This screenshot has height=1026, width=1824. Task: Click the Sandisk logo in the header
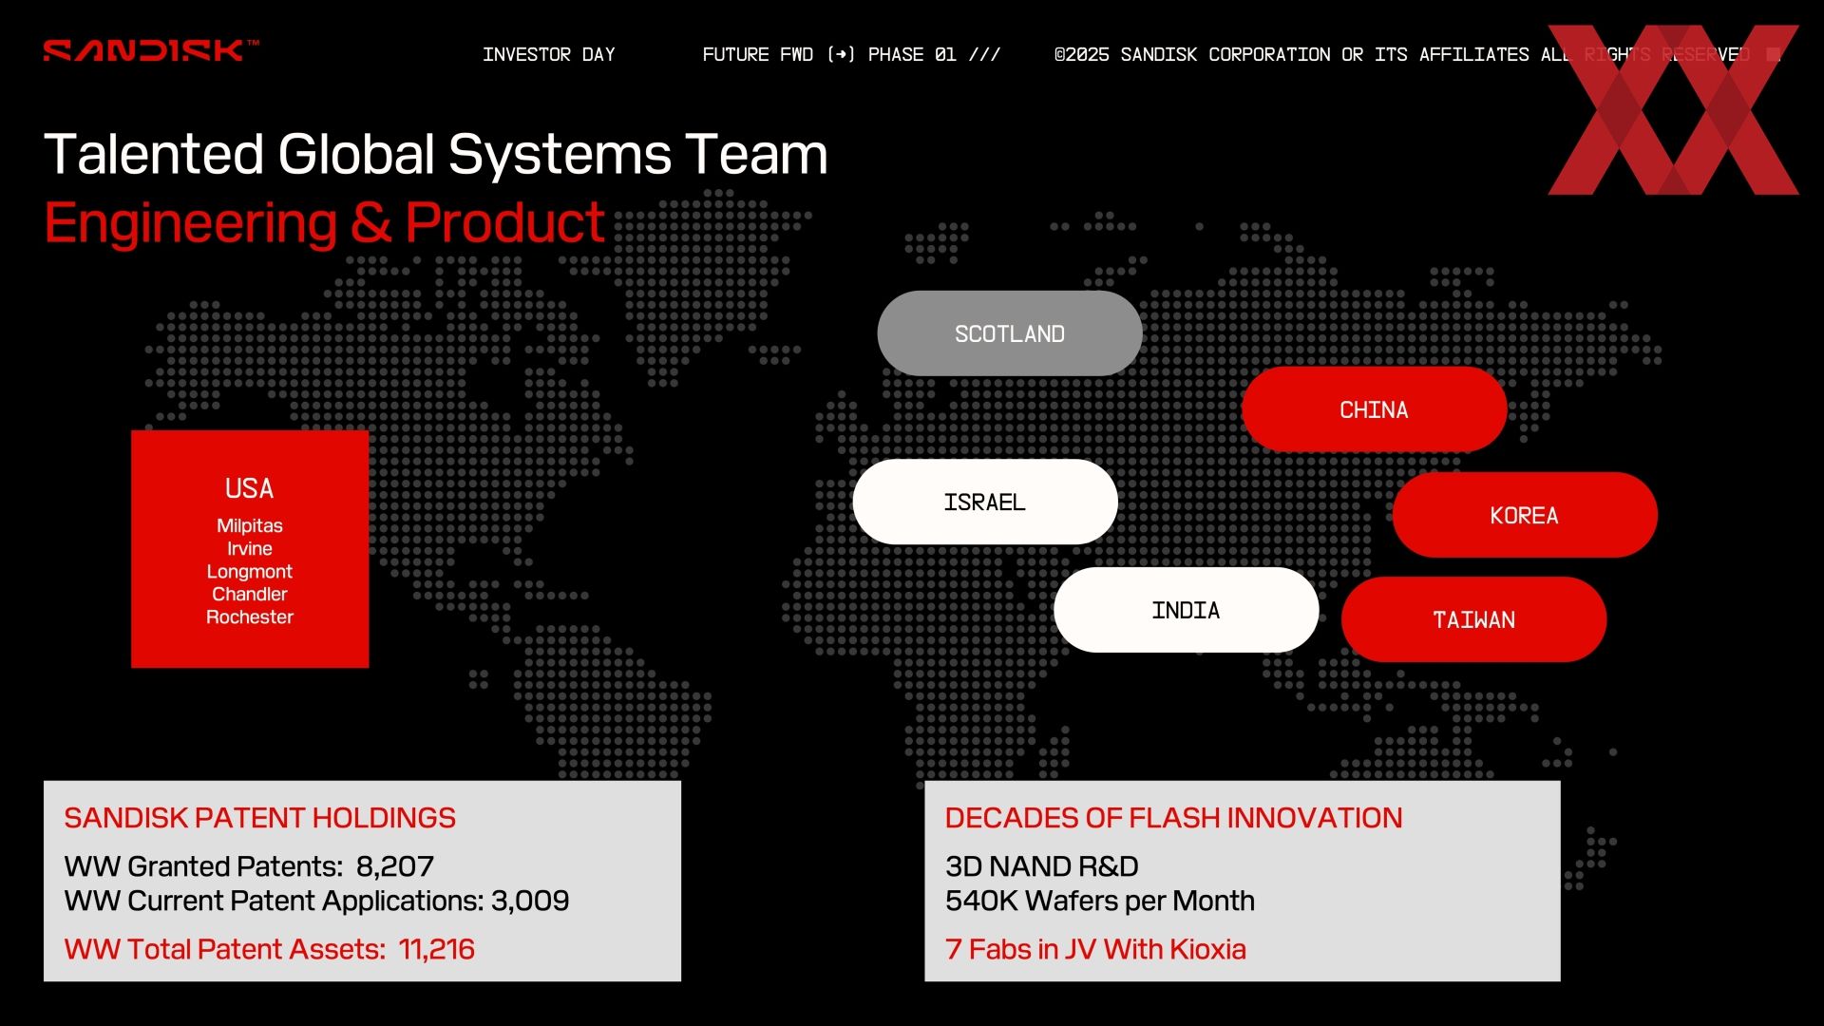pyautogui.click(x=151, y=50)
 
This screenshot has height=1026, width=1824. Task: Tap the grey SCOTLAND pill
pyautogui.click(x=1010, y=333)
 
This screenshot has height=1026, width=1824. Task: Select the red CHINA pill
pyautogui.click(x=1374, y=409)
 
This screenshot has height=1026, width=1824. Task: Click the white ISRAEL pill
pyautogui.click(x=985, y=502)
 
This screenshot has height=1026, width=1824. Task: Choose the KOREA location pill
pyautogui.click(x=1525, y=515)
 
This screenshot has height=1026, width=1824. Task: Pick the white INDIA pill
pyautogui.click(x=1187, y=610)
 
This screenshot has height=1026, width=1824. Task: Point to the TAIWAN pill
pyautogui.click(x=1474, y=619)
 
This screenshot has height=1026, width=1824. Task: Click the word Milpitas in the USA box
pyautogui.click(x=250, y=525)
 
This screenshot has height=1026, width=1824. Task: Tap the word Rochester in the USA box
pyautogui.click(x=250, y=617)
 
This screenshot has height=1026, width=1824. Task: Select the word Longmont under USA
pyautogui.click(x=250, y=571)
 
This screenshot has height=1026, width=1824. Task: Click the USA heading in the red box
pyautogui.click(x=249, y=488)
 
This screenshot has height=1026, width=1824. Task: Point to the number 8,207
pyautogui.click(x=395, y=866)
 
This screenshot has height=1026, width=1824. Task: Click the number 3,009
pyautogui.click(x=530, y=901)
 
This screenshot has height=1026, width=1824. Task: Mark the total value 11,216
pyautogui.click(x=437, y=949)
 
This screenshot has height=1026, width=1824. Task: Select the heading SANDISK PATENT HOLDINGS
pyautogui.click(x=260, y=818)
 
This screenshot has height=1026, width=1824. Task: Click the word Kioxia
pyautogui.click(x=1208, y=949)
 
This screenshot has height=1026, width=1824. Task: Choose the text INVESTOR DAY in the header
pyautogui.click(x=549, y=54)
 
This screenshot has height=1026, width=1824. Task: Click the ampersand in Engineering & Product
pyautogui.click(x=370, y=223)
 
